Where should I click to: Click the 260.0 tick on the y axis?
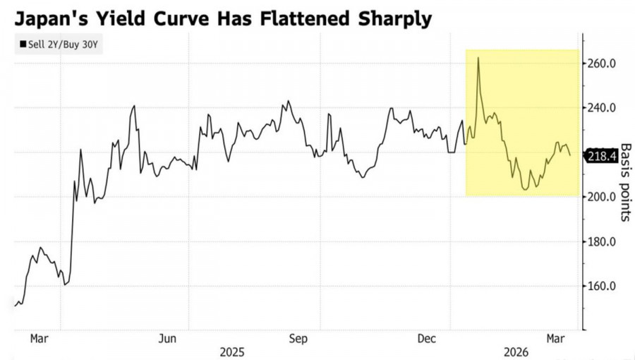pyautogui.click(x=603, y=64)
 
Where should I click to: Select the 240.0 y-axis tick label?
pyautogui.click(x=603, y=108)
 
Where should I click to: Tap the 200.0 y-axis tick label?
pyautogui.click(x=603, y=197)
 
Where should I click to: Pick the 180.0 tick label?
pyautogui.click(x=603, y=242)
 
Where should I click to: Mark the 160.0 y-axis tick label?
pyautogui.click(x=603, y=287)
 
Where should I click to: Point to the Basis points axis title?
pyautogui.click(x=625, y=182)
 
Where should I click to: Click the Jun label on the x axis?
pyautogui.click(x=167, y=339)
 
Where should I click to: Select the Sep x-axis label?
pyautogui.click(x=298, y=339)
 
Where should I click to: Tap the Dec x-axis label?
pyautogui.click(x=428, y=339)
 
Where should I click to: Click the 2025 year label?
pyautogui.click(x=232, y=351)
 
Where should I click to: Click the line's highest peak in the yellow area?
pyautogui.click(x=478, y=58)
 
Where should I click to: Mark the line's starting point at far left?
pyautogui.click(x=15, y=306)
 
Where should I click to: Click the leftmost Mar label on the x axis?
pyautogui.click(x=38, y=339)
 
